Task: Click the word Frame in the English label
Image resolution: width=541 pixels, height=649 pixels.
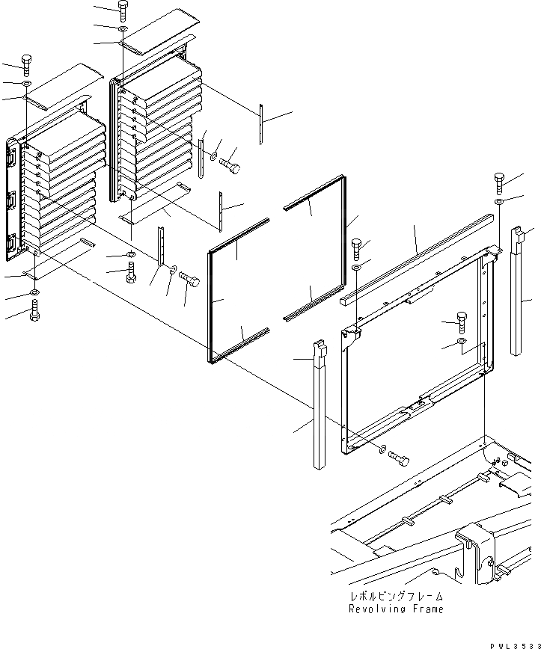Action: [x=426, y=609]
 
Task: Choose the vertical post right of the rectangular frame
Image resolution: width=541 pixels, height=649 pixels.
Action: [x=518, y=292]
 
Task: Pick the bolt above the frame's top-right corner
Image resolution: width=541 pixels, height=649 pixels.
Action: [x=500, y=182]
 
